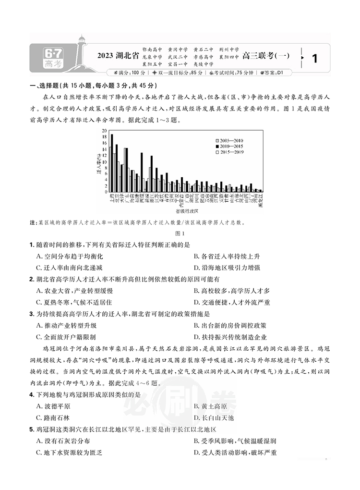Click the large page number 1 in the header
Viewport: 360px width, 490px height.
point(315,59)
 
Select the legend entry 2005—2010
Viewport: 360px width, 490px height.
point(232,139)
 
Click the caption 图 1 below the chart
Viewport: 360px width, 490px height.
point(180,233)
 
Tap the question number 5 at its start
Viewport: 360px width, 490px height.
point(32,429)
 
